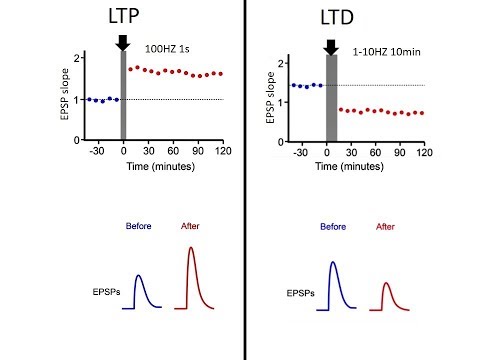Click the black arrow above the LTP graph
(x=123, y=42)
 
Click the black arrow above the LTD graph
(x=331, y=45)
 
